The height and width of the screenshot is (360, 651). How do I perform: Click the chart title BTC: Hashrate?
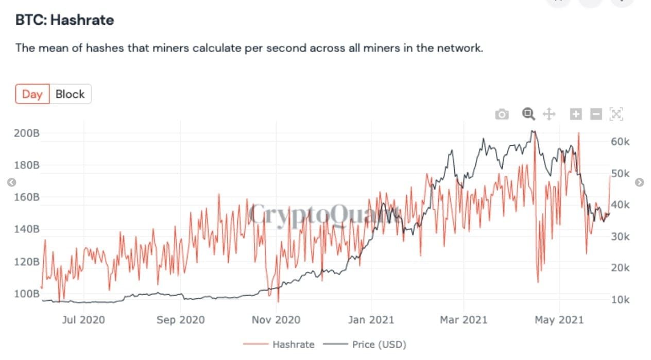pyautogui.click(x=65, y=20)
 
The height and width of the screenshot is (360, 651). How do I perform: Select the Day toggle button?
pyautogui.click(x=32, y=94)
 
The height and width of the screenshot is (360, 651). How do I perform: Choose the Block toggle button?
pyautogui.click(x=70, y=94)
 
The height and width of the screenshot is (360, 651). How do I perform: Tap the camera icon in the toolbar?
pyautogui.click(x=501, y=114)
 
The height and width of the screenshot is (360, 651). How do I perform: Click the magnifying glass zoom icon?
pyautogui.click(x=528, y=114)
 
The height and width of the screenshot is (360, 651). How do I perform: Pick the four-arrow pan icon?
pyautogui.click(x=549, y=114)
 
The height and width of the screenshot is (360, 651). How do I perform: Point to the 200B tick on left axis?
pyautogui.click(x=27, y=133)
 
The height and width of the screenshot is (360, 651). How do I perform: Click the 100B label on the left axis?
pyautogui.click(x=27, y=294)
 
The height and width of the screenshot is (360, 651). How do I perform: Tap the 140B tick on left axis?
pyautogui.click(x=27, y=229)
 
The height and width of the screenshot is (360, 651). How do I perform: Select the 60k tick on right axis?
pyautogui.click(x=620, y=142)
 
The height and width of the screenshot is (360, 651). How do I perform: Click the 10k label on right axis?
pyautogui.click(x=620, y=300)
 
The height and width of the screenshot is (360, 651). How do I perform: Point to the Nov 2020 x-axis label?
pyautogui.click(x=276, y=320)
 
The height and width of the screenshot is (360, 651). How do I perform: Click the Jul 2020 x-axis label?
pyautogui.click(x=83, y=320)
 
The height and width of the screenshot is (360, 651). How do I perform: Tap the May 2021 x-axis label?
pyautogui.click(x=560, y=320)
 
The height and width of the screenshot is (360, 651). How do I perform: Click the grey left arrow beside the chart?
pyautogui.click(x=12, y=182)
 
